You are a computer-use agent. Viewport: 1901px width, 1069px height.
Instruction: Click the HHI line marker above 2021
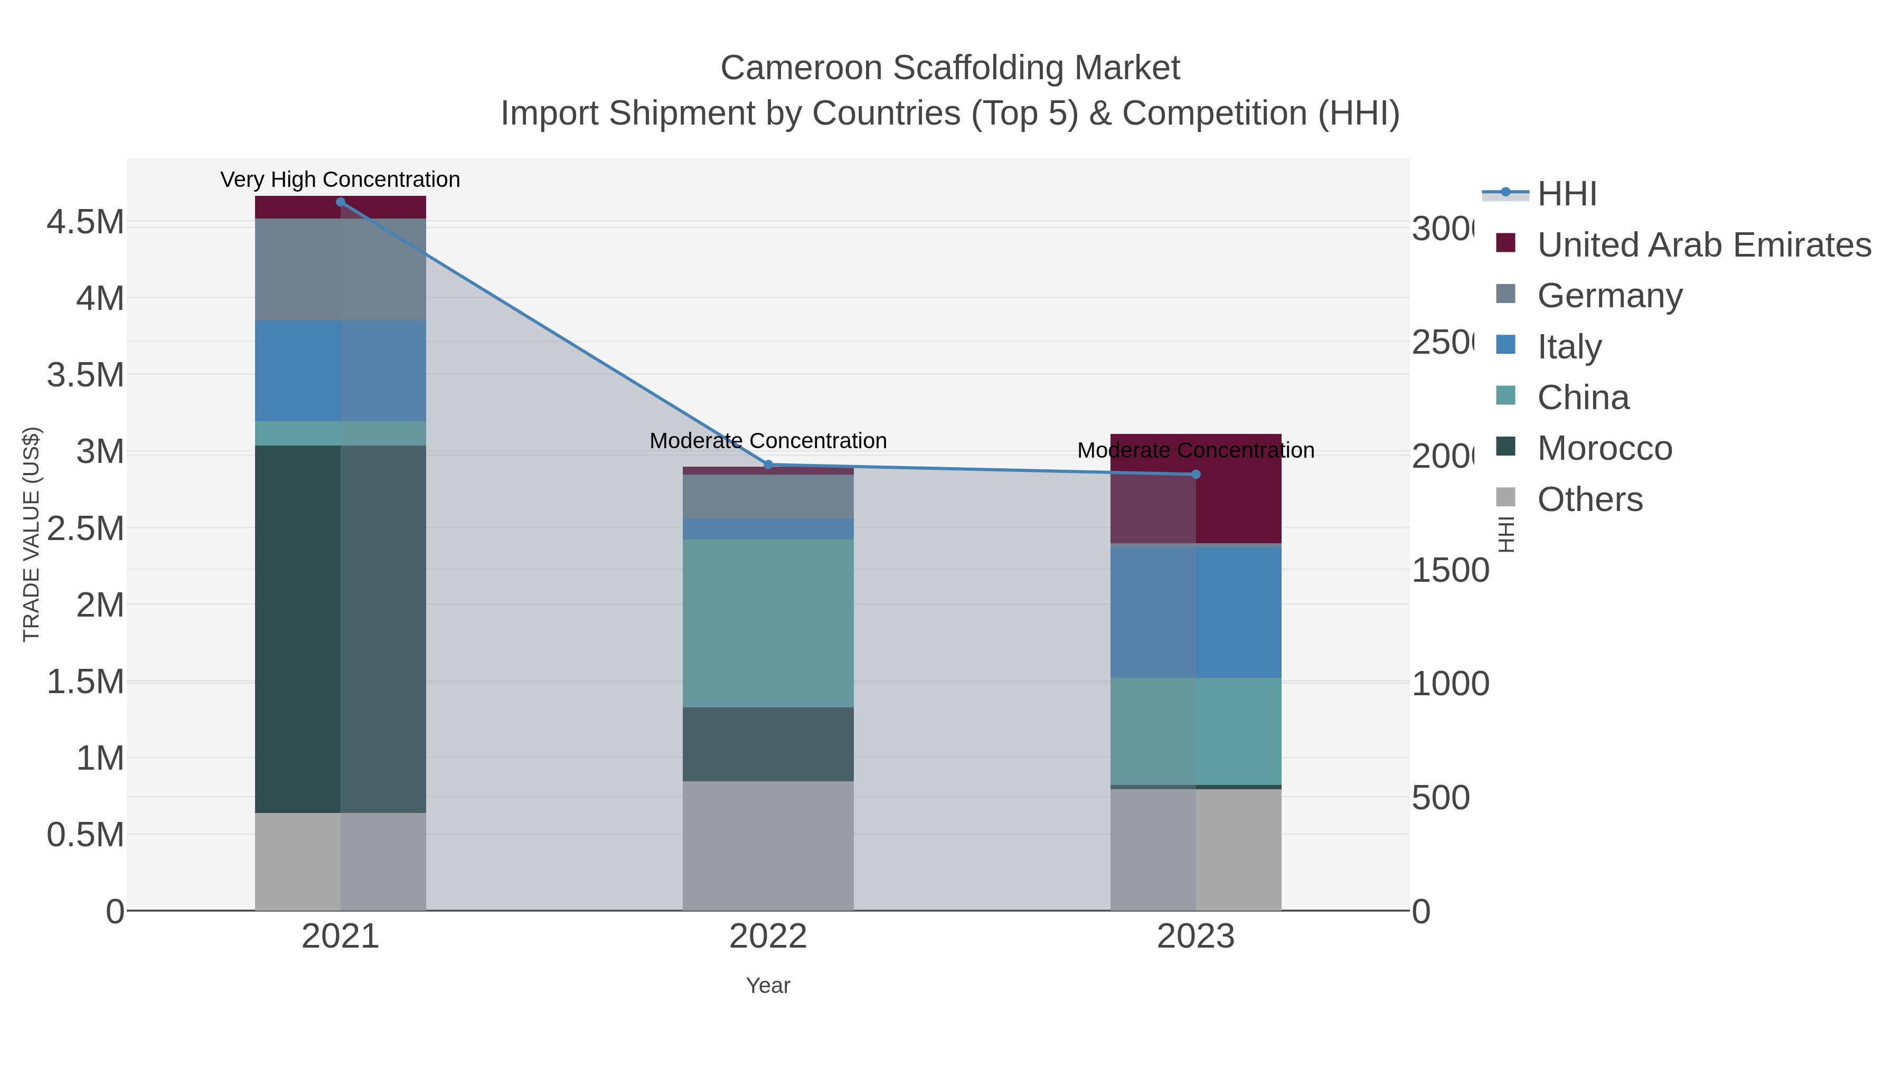pos(340,202)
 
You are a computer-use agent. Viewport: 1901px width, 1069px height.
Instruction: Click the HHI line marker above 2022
pos(768,465)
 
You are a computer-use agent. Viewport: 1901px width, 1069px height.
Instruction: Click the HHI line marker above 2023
pos(1196,475)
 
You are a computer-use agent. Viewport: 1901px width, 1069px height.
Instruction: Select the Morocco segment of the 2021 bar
pos(340,629)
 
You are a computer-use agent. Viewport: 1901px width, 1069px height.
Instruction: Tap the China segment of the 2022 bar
pos(768,623)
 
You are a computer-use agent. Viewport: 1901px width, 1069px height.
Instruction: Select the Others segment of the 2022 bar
pos(768,846)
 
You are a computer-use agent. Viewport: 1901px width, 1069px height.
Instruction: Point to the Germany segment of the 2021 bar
pos(340,269)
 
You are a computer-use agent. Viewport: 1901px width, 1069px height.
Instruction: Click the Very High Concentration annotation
pos(340,179)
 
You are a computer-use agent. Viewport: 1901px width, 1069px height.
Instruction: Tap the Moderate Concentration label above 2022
pos(768,440)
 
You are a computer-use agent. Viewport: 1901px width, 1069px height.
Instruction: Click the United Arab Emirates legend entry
pos(1703,245)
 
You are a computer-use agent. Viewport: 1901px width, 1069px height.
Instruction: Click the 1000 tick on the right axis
pos(1450,684)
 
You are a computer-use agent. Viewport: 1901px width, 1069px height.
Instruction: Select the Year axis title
pos(768,986)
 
